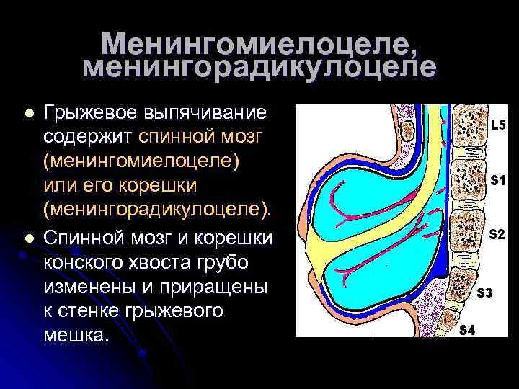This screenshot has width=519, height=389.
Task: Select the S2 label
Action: (497, 235)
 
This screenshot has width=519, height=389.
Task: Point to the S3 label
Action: (484, 293)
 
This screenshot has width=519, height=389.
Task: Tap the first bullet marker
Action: (28, 114)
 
